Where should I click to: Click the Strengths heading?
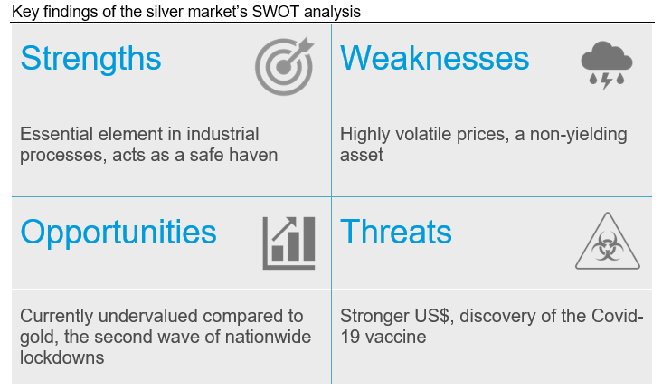click(x=90, y=59)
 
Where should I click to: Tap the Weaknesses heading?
click(x=434, y=58)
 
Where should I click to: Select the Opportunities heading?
click(x=118, y=233)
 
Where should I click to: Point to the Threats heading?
click(x=395, y=232)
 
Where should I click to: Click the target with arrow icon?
click(x=284, y=66)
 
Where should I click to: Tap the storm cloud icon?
click(x=607, y=65)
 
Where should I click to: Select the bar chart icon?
click(x=288, y=243)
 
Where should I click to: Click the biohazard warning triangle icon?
click(x=608, y=241)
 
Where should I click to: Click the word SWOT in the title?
click(x=276, y=12)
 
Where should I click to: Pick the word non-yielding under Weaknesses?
click(x=579, y=135)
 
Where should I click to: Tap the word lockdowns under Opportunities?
click(x=62, y=358)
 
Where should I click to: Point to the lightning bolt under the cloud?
click(x=607, y=81)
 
